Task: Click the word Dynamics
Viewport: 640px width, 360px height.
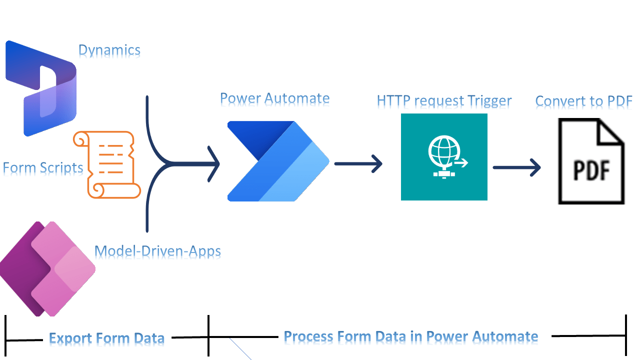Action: (x=109, y=50)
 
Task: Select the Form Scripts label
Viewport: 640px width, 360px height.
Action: (x=43, y=168)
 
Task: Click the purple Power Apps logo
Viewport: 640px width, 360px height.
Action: (x=47, y=268)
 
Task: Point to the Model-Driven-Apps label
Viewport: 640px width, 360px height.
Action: (x=157, y=251)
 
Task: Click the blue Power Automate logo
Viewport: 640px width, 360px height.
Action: (x=278, y=161)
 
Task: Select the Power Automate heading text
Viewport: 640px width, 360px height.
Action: (x=274, y=98)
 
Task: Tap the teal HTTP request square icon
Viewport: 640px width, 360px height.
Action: (x=444, y=157)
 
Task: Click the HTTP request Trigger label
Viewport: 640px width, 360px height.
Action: (x=444, y=101)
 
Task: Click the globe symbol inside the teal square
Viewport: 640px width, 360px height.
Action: (x=441, y=152)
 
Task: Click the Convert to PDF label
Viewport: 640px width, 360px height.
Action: (x=583, y=101)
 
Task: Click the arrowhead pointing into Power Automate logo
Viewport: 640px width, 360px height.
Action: (x=214, y=163)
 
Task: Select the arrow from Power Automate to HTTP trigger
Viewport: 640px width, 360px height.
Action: (x=358, y=163)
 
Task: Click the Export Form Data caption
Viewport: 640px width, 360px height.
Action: (x=106, y=339)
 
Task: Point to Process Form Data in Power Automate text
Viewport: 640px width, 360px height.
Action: (x=410, y=336)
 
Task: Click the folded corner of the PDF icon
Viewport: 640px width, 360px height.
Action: (x=611, y=131)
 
